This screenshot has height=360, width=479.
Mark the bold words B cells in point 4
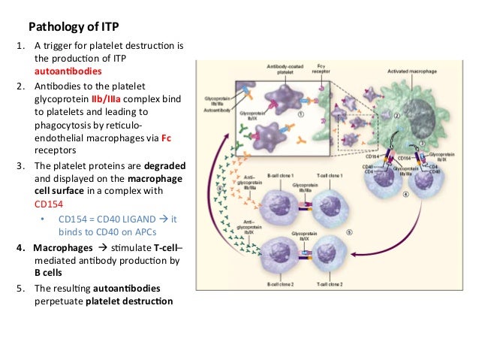[x=51, y=273]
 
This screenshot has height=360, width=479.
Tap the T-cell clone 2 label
[x=328, y=284]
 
